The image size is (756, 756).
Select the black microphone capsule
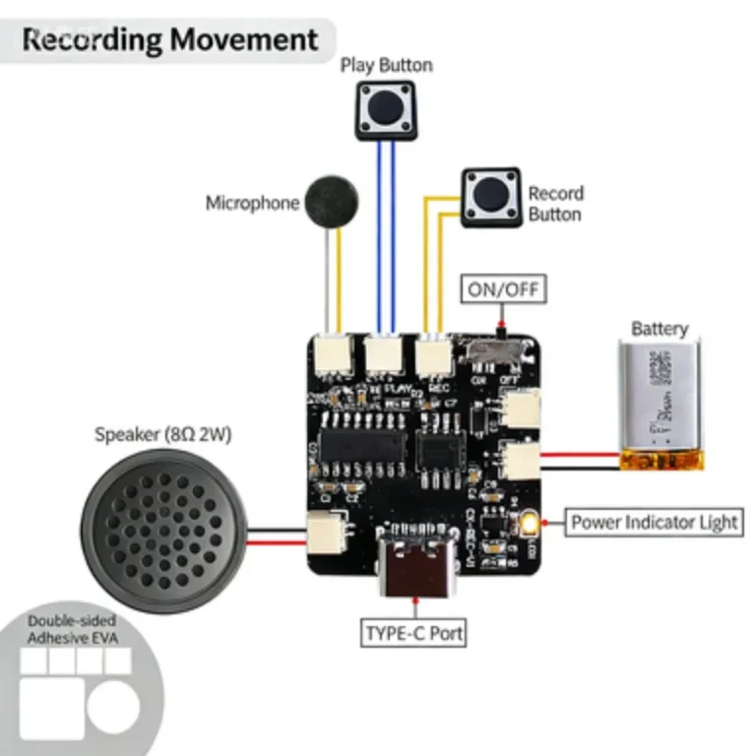(x=332, y=202)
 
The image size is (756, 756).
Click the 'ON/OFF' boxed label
(x=503, y=290)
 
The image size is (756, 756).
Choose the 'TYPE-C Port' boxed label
(x=413, y=633)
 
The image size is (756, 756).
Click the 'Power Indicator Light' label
(x=654, y=522)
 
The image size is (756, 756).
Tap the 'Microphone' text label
(x=252, y=204)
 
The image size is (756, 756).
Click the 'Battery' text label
(x=660, y=329)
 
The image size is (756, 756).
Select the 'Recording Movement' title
(x=170, y=40)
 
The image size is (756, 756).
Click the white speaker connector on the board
(x=324, y=535)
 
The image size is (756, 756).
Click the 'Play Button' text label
(x=386, y=66)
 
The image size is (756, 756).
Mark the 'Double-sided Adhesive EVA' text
(x=71, y=630)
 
